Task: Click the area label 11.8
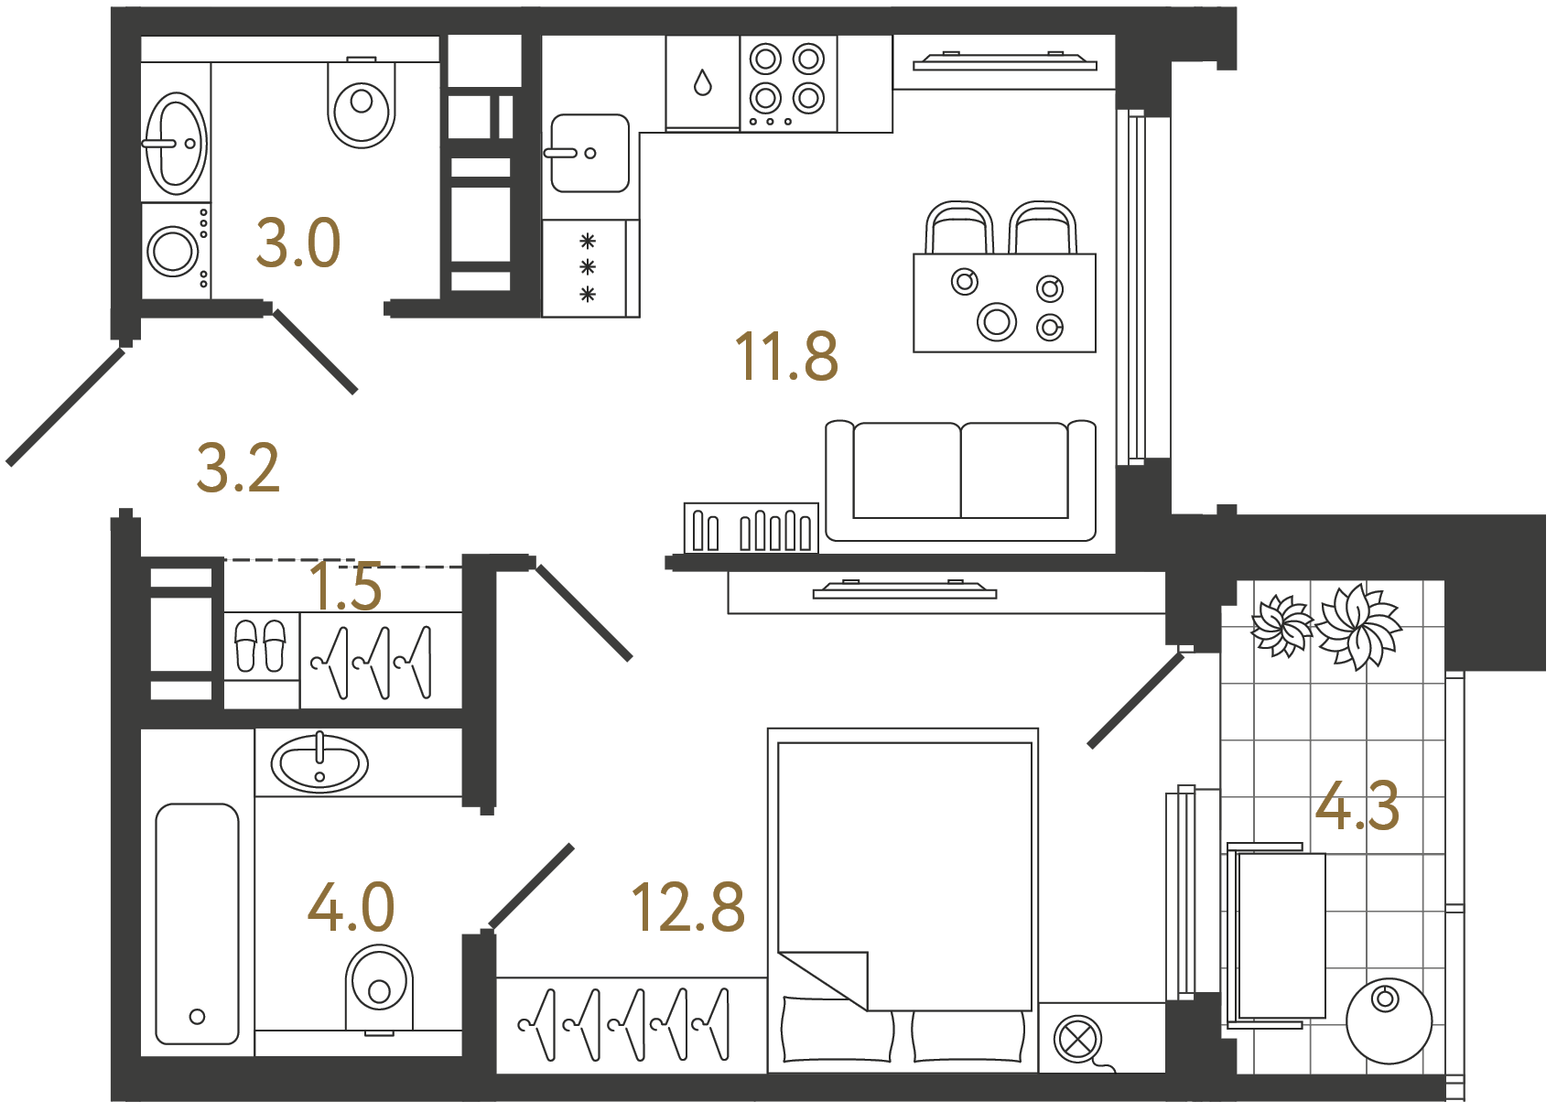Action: (x=785, y=356)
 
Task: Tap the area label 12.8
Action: (x=688, y=908)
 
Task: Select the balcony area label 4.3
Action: (x=1357, y=806)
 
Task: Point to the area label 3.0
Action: (x=297, y=243)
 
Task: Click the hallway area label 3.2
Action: (x=238, y=468)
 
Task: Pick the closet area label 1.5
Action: (x=345, y=587)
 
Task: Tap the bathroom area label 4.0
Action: (x=351, y=907)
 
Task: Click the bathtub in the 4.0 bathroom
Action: (x=197, y=923)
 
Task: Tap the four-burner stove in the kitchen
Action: (x=787, y=83)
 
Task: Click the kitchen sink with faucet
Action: (x=589, y=153)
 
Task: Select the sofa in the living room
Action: (x=960, y=480)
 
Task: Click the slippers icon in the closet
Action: (x=261, y=645)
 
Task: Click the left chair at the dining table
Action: (x=959, y=228)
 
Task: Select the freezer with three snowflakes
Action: (x=587, y=268)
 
